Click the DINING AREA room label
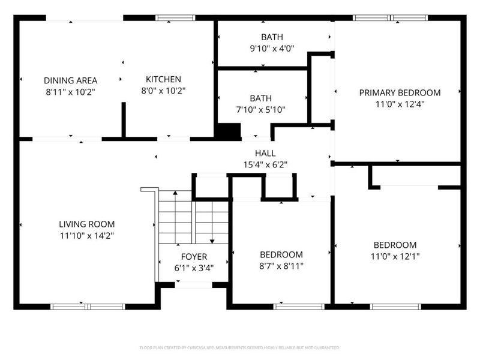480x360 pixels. [70, 80]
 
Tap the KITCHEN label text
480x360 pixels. [163, 79]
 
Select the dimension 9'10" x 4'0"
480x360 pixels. [272, 49]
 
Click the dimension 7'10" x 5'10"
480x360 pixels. [260, 110]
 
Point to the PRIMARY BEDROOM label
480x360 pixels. [400, 93]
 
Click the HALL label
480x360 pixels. [265, 153]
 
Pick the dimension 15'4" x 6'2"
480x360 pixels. [265, 164]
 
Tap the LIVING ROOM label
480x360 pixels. [86, 224]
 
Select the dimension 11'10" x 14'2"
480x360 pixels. [86, 236]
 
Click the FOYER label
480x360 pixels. [194, 257]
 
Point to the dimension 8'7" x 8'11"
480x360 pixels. [281, 266]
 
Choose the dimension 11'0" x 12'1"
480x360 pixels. [395, 256]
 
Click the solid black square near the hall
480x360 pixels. [229, 132]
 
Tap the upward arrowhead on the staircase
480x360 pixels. [175, 193]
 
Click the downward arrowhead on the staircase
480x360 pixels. [212, 242]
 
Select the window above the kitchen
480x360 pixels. [175, 18]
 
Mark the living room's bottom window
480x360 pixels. [88, 307]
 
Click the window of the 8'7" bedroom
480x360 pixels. [299, 307]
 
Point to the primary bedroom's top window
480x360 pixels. [391, 18]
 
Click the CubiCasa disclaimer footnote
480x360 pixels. [239, 347]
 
